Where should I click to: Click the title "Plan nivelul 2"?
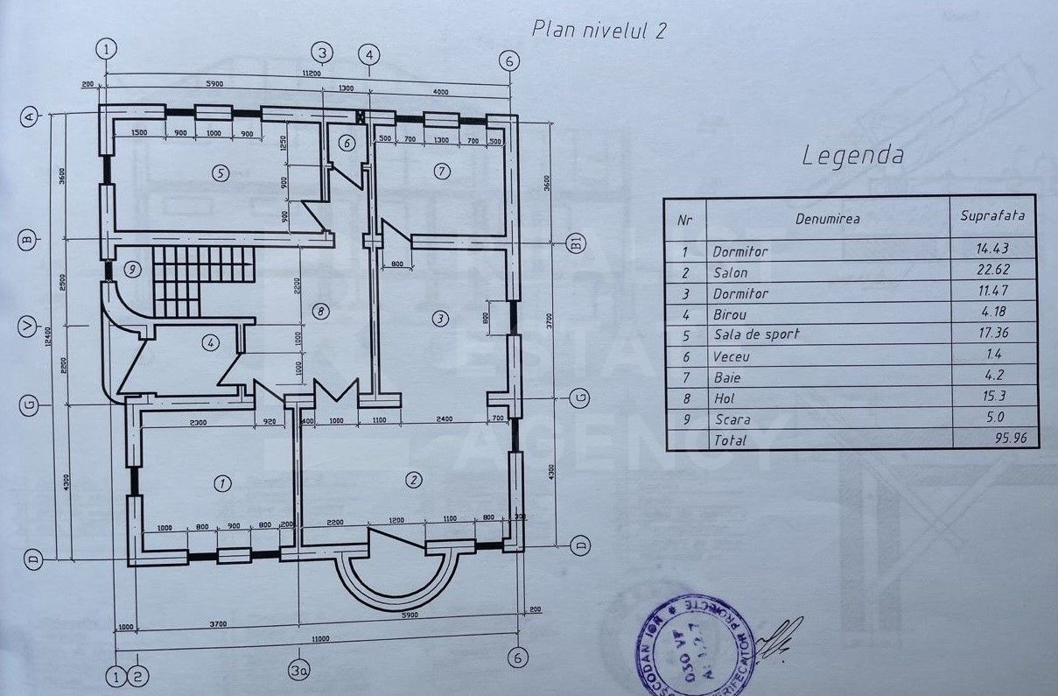pos(599,29)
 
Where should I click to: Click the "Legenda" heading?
pos(853,157)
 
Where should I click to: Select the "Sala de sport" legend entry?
pos(756,334)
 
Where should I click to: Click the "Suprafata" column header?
pos(991,214)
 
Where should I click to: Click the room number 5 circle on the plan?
pos(221,173)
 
